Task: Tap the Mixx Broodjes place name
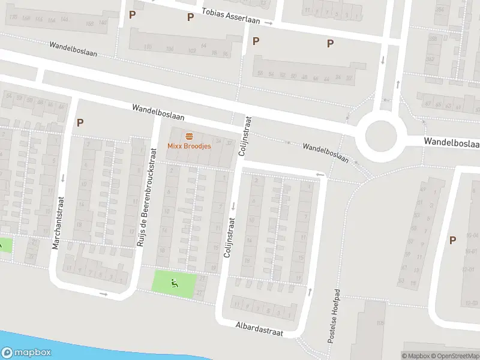(x=188, y=146)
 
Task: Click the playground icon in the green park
(x=175, y=284)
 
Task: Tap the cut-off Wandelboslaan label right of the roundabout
(x=451, y=142)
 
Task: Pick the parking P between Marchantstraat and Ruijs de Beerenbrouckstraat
(x=80, y=123)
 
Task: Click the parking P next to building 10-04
(x=452, y=240)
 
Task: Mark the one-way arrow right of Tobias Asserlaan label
(x=269, y=23)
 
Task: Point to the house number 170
(x=12, y=17)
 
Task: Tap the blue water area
(x=90, y=351)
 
